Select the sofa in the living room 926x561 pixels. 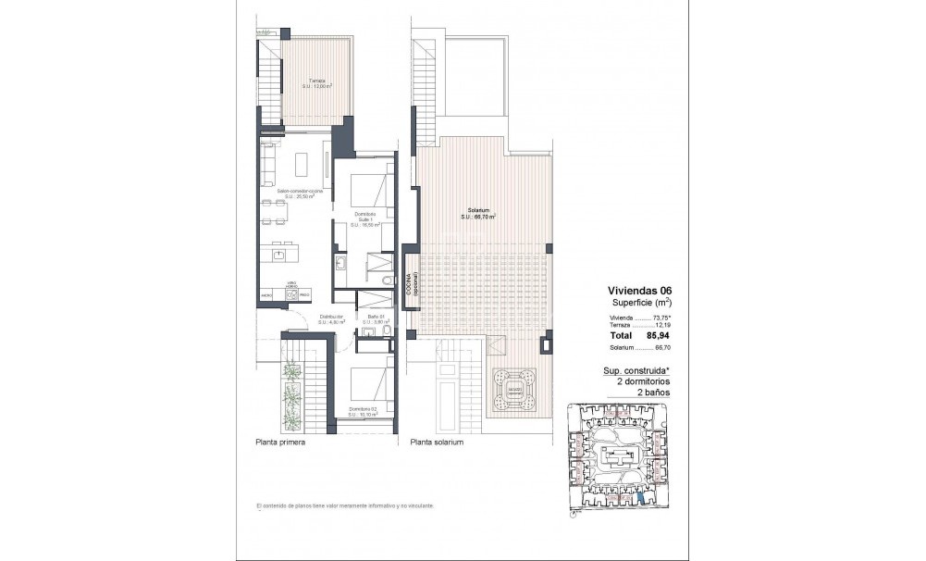pyautogui.click(x=267, y=165)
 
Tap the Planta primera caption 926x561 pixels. pyautogui.click(x=280, y=443)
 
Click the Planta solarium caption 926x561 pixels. pyautogui.click(x=437, y=443)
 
